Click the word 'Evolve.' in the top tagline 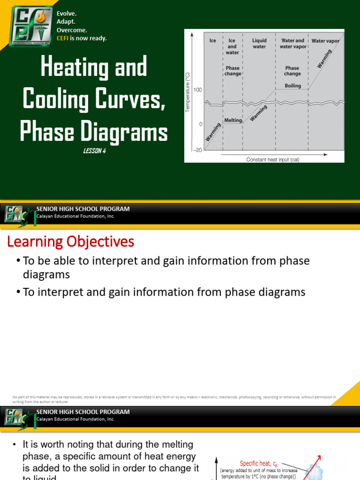click(x=67, y=14)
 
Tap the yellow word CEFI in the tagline click(x=63, y=38)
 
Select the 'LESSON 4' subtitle click(x=93, y=150)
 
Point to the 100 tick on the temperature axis click(x=197, y=90)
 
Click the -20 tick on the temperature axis click(x=196, y=150)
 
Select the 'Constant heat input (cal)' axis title click(x=273, y=159)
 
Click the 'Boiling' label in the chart click(x=292, y=86)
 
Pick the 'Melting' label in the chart click(x=233, y=120)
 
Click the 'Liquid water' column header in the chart click(x=259, y=44)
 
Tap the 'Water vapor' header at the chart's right click(x=326, y=41)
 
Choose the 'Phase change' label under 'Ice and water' click(x=232, y=71)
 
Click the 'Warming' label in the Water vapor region click(x=324, y=59)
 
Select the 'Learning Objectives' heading click(x=70, y=242)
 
